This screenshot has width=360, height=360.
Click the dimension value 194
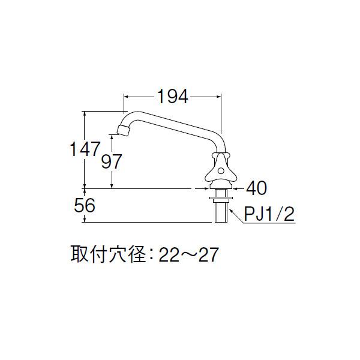(x=173, y=95)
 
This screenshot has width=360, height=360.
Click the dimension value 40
(x=256, y=188)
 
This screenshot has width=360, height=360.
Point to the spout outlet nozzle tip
(x=122, y=130)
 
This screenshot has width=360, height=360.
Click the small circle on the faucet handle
(x=220, y=173)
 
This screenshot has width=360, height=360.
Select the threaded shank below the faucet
(x=221, y=211)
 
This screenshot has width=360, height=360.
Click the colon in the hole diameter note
(x=152, y=257)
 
